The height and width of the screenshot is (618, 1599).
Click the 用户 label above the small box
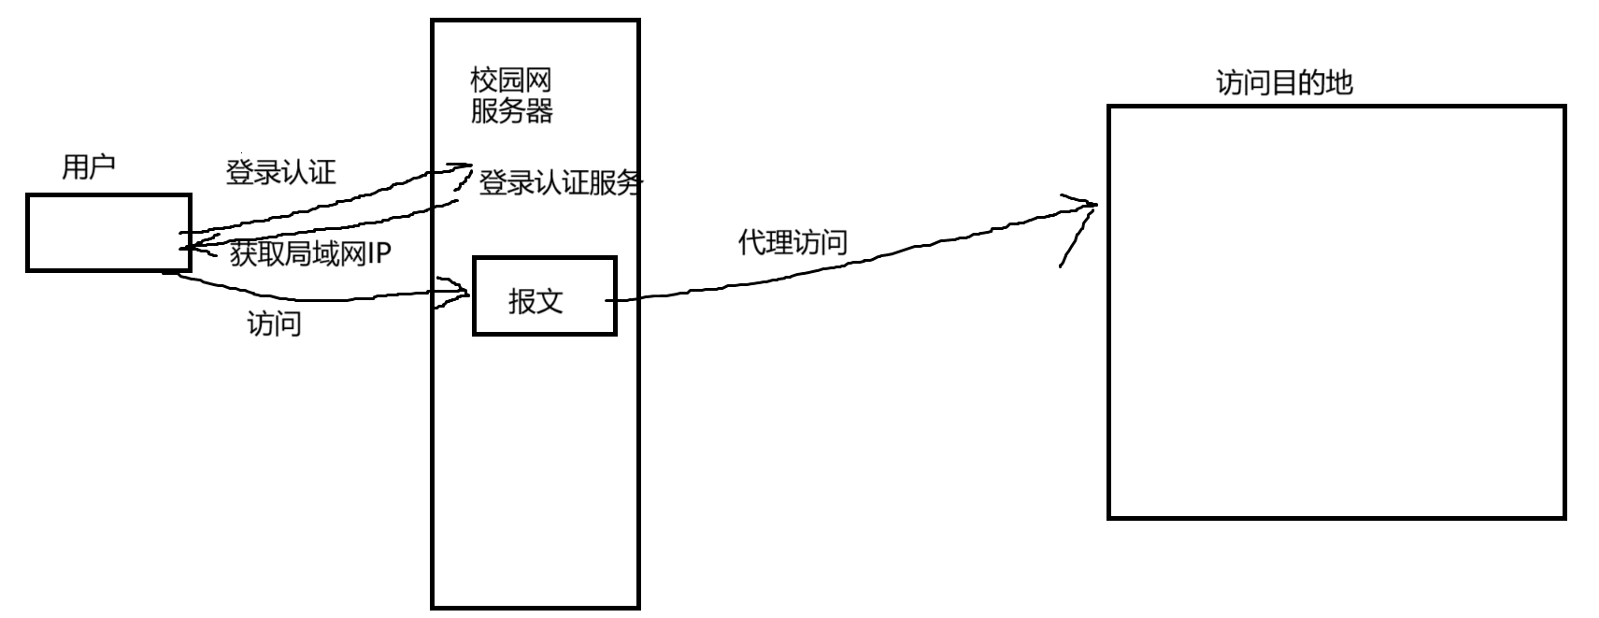pos(88,168)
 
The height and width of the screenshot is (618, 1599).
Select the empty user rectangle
pos(108,233)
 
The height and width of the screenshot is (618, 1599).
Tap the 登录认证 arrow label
pos(280,173)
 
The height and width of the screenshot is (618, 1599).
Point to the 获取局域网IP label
pos(310,254)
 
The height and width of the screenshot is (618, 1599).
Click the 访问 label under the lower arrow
pos(274,324)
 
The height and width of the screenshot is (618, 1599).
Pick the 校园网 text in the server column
pos(511,80)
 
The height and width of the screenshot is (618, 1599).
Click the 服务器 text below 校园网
pos(511,111)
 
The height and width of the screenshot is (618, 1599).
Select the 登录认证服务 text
pos(560,183)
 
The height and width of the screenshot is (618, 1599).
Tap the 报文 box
pos(544,295)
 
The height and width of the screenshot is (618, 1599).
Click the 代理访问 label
pos(792,243)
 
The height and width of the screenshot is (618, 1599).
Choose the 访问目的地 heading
pos(1284,83)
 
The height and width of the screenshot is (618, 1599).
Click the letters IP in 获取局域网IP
pos(378,254)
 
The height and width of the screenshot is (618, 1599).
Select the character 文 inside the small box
pos(550,301)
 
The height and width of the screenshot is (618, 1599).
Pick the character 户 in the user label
pos(102,168)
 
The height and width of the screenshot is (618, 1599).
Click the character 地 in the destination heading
pos(1339,83)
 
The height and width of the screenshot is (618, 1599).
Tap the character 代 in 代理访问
pos(751,243)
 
